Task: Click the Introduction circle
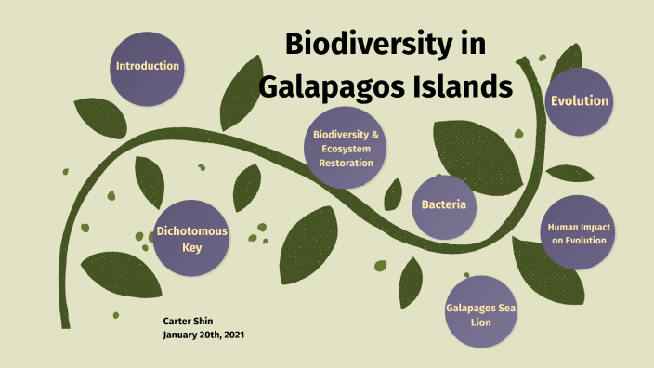[x=147, y=67]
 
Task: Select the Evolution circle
[x=580, y=101]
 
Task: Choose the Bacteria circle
[x=443, y=204]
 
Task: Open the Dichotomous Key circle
[x=191, y=240]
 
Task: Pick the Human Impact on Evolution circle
[x=577, y=233]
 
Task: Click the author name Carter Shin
[x=189, y=320]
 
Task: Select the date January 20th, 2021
[x=203, y=334]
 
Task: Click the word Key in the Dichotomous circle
[x=191, y=248]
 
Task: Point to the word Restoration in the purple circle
[x=346, y=163]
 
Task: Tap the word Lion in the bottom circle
[x=480, y=322]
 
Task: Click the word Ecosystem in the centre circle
[x=346, y=149]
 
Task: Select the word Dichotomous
[x=191, y=231]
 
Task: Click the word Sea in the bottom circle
[x=504, y=307]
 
